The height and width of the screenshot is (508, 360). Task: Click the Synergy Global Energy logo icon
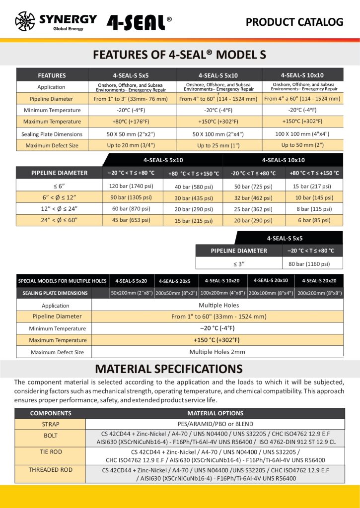click(x=25, y=21)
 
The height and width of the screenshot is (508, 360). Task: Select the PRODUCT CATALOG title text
click(x=294, y=22)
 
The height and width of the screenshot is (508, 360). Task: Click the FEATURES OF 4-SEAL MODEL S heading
click(x=180, y=55)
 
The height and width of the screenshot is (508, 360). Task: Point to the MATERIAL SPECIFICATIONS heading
click(x=169, y=369)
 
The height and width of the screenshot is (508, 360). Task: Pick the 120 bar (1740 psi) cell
click(x=131, y=186)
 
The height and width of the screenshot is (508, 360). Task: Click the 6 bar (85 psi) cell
click(x=314, y=220)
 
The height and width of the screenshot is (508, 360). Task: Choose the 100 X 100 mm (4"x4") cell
click(x=302, y=133)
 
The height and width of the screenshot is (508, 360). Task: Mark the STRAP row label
click(x=51, y=424)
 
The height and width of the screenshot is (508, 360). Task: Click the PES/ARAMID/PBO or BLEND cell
click(x=215, y=424)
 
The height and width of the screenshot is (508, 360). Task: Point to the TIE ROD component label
click(x=51, y=452)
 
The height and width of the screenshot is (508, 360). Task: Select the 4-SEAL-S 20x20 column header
click(x=319, y=281)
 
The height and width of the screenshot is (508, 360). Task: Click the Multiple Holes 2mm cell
click(x=217, y=352)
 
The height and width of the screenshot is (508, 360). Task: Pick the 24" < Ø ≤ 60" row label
click(x=59, y=220)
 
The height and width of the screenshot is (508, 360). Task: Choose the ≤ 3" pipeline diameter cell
click(x=238, y=263)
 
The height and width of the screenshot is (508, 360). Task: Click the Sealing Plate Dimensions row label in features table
click(x=52, y=134)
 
